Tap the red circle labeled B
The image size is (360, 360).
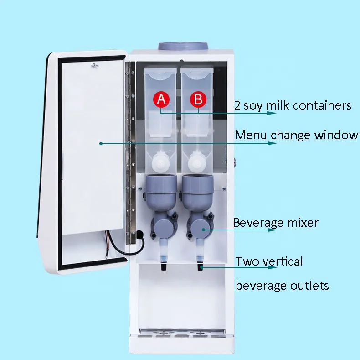197,99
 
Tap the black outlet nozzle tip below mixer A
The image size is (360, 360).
163,267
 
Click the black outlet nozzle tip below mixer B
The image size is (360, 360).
200,267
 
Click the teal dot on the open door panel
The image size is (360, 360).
100,143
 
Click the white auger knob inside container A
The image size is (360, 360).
160,162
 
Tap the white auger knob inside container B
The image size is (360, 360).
197,162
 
